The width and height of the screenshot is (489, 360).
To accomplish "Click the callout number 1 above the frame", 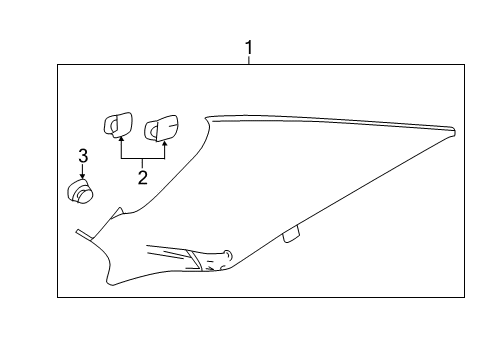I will pos(249,46).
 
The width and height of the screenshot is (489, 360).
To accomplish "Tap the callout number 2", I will pos(143,177).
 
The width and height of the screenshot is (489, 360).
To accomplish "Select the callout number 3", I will pos(83,155).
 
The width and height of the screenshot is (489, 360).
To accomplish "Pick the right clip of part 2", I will pos(160,128).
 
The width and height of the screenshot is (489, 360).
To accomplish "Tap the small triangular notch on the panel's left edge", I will pos(121,211).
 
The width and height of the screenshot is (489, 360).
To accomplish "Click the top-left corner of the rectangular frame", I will pos(58,65).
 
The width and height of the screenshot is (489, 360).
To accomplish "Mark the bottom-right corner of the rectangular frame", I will pos(465,297).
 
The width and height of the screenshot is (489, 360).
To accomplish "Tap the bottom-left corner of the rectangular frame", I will pos(58,297).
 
